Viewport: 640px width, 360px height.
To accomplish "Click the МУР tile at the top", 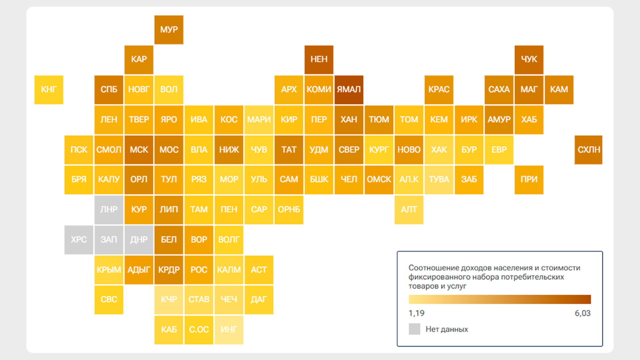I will pyautogui.click(x=169, y=30).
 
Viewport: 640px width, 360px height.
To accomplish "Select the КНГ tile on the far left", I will pyautogui.click(x=49, y=90).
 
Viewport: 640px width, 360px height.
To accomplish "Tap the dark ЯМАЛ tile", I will pyautogui.click(x=349, y=90).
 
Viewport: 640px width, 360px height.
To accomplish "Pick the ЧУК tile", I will pyautogui.click(x=529, y=60).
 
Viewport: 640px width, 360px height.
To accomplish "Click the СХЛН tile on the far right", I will pyautogui.click(x=588, y=150).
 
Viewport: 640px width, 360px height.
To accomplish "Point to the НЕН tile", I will pyautogui.click(x=319, y=60).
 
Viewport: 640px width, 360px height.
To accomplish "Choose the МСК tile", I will pyautogui.click(x=139, y=150).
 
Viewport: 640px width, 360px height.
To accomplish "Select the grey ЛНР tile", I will pyautogui.click(x=109, y=210).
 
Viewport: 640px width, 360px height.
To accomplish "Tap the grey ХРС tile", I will pyautogui.click(x=79, y=240).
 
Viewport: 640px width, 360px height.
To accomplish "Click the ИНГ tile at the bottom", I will pyautogui.click(x=229, y=330).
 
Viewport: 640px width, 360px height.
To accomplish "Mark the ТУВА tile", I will pyautogui.click(x=439, y=180).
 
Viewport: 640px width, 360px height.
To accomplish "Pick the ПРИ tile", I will pyautogui.click(x=529, y=180).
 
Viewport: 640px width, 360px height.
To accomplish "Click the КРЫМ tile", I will pyautogui.click(x=109, y=270).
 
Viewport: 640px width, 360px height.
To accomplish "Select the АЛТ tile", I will pyautogui.click(x=409, y=210).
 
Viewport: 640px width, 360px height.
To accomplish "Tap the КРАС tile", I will pyautogui.click(x=439, y=90).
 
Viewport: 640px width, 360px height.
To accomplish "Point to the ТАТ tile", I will pyautogui.click(x=289, y=150).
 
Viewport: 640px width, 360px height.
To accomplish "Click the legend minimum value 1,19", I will pyautogui.click(x=416, y=313).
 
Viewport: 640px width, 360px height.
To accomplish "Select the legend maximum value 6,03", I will pyautogui.click(x=582, y=313).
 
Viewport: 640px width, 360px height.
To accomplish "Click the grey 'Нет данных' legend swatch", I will pyautogui.click(x=414, y=329).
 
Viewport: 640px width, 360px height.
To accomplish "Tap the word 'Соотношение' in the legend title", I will pyautogui.click(x=429, y=268).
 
